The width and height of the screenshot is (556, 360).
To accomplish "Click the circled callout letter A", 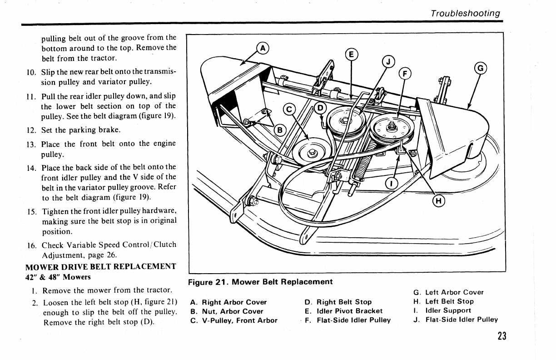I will click(x=263, y=48).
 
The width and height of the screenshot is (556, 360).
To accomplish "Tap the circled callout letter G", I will click(x=481, y=69).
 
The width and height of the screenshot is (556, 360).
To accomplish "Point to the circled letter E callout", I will click(x=352, y=55).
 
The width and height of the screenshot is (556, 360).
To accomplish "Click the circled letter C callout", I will click(x=289, y=110).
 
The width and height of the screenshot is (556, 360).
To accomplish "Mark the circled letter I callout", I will click(x=391, y=183).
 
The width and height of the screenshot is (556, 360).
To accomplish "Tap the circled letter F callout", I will click(x=404, y=74).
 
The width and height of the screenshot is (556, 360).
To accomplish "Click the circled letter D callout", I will click(x=320, y=108).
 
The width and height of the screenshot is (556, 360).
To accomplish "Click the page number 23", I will click(x=501, y=336).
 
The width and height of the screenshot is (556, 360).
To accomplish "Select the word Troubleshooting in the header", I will click(x=466, y=13).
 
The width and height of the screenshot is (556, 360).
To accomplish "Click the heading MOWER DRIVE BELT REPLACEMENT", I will click(x=100, y=267).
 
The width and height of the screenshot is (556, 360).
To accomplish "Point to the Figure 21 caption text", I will click(x=261, y=282).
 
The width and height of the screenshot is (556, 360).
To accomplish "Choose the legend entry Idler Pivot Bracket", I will click(x=343, y=311).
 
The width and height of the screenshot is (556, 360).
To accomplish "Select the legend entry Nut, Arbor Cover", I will click(x=227, y=311).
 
